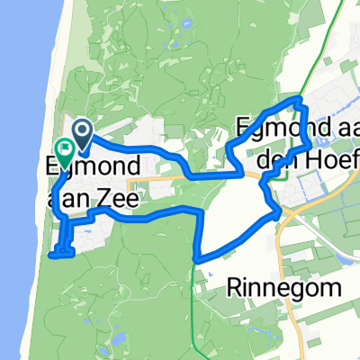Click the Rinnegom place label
pyautogui.click(x=286, y=289)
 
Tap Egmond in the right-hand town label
pyautogui.click(x=283, y=128)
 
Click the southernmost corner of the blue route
pyautogui.click(x=196, y=261)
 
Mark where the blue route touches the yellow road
pyautogui.click(x=277, y=213)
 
